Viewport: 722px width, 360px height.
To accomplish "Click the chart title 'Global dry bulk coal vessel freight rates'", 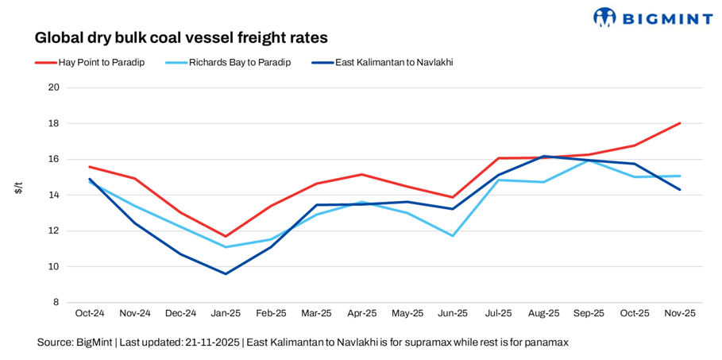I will [x=181, y=37].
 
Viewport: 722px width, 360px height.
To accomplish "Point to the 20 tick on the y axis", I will [x=55, y=87].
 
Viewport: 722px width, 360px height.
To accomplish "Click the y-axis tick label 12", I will [x=55, y=231].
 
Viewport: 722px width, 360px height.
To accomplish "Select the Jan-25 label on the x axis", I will [x=226, y=314].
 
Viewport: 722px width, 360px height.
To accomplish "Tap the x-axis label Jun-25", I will [x=452, y=314].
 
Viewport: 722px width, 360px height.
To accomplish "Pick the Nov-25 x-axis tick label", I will [x=680, y=314].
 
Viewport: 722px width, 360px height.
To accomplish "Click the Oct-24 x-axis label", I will [x=90, y=314].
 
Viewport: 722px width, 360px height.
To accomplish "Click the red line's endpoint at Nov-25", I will [x=680, y=123].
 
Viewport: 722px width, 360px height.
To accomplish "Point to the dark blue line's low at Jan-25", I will [x=226, y=274].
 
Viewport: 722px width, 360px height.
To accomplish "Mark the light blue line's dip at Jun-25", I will [x=453, y=236].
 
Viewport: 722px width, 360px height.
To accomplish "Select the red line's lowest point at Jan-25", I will [x=226, y=236].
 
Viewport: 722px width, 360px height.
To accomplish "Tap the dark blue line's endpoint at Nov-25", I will [x=680, y=190].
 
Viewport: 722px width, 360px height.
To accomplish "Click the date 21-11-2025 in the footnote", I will [x=214, y=343].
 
